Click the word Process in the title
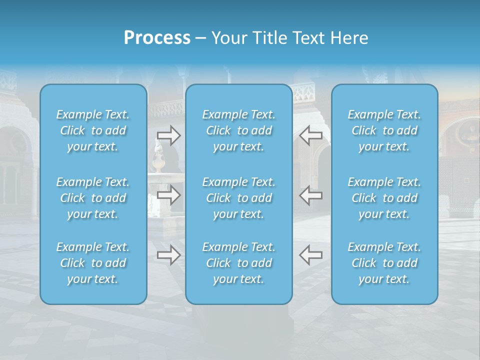coord(157,38)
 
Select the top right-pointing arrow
coord(168,135)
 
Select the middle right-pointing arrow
coord(168,195)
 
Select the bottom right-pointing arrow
coord(168,255)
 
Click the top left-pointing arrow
coord(310,135)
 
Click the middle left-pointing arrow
coord(310,195)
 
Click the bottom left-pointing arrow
coord(310,255)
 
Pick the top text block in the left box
coord(93,130)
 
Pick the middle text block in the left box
coord(93,198)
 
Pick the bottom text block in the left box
coord(93,263)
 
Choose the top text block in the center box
coord(239,130)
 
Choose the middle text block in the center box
coord(239,198)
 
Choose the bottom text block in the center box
coord(239,263)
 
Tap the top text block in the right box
coord(384,130)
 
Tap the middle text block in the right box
coord(384,198)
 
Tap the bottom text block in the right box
coord(384,263)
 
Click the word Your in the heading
coord(227,38)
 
